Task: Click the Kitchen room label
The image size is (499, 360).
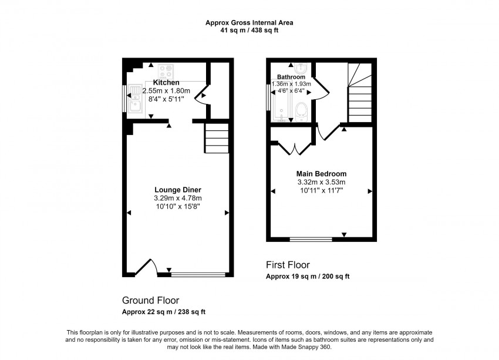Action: tap(166, 82)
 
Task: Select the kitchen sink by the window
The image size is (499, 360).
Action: tap(135, 98)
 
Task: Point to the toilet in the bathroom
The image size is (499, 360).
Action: tap(302, 110)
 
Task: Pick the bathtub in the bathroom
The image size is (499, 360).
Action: tap(281, 103)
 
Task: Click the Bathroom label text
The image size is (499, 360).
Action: tap(291, 77)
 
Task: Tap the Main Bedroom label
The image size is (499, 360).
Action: tap(321, 174)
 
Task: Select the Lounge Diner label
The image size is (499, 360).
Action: tap(178, 190)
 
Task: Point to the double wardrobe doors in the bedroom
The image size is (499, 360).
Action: tap(292, 148)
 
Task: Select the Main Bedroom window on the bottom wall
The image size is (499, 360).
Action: tap(311, 239)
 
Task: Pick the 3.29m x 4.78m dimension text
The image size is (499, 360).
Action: tap(178, 198)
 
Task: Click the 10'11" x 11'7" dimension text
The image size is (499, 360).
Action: tap(321, 191)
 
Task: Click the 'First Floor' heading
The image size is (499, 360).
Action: tap(288, 265)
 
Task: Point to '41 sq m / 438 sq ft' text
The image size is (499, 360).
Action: tap(249, 31)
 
